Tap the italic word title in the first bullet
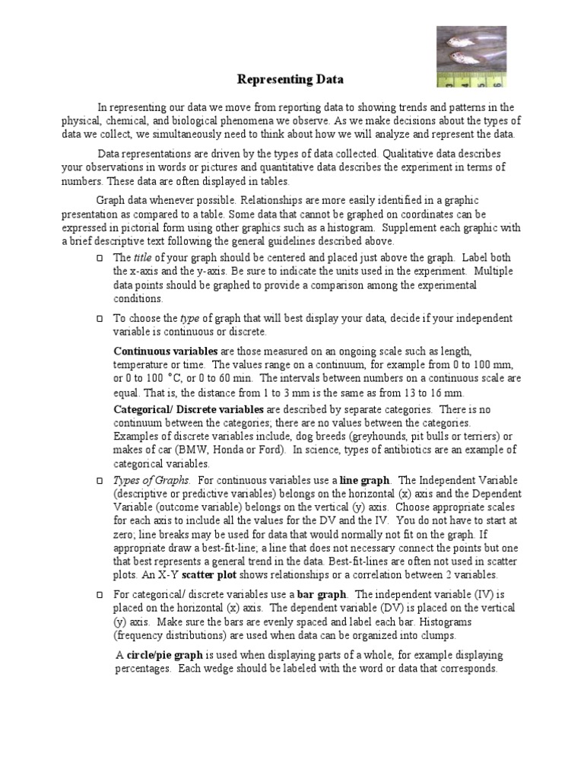pyautogui.click(x=143, y=258)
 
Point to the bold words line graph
pyautogui.click(x=365, y=481)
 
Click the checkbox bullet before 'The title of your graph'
pyautogui.click(x=100, y=259)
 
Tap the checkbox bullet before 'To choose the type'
pyautogui.click(x=100, y=318)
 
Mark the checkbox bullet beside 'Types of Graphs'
pyautogui.click(x=100, y=482)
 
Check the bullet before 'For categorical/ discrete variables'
pyautogui.click(x=100, y=594)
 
